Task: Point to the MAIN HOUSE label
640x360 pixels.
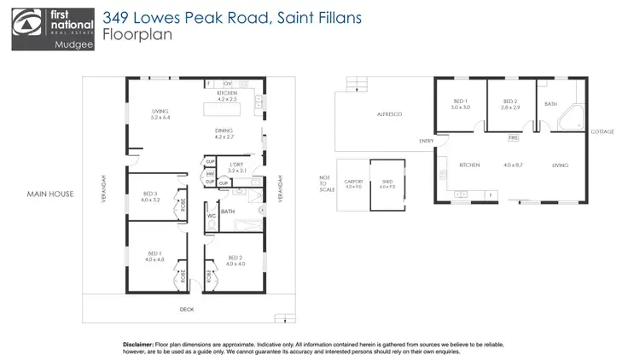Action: tap(49, 194)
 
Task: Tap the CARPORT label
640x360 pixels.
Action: tap(353, 183)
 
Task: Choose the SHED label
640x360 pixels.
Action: tap(387, 183)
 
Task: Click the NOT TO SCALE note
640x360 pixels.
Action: tap(323, 182)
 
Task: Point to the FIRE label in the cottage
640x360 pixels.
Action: tap(513, 136)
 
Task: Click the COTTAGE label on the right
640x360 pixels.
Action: tap(602, 131)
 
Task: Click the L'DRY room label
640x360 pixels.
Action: tap(237, 166)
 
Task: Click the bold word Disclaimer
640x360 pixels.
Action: tap(140, 340)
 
